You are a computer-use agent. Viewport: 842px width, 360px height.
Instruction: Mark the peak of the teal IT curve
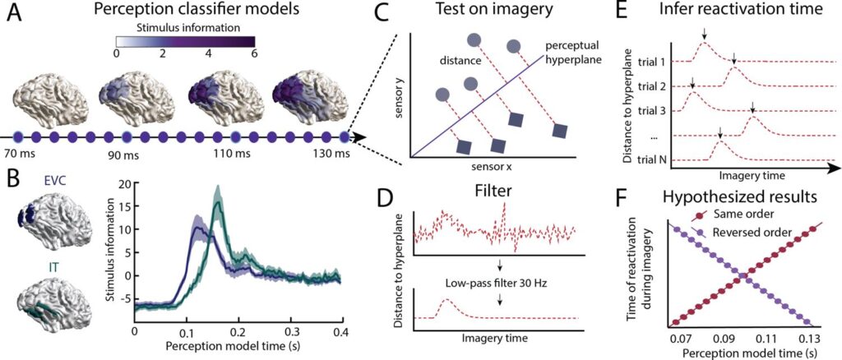tap(218, 191)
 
